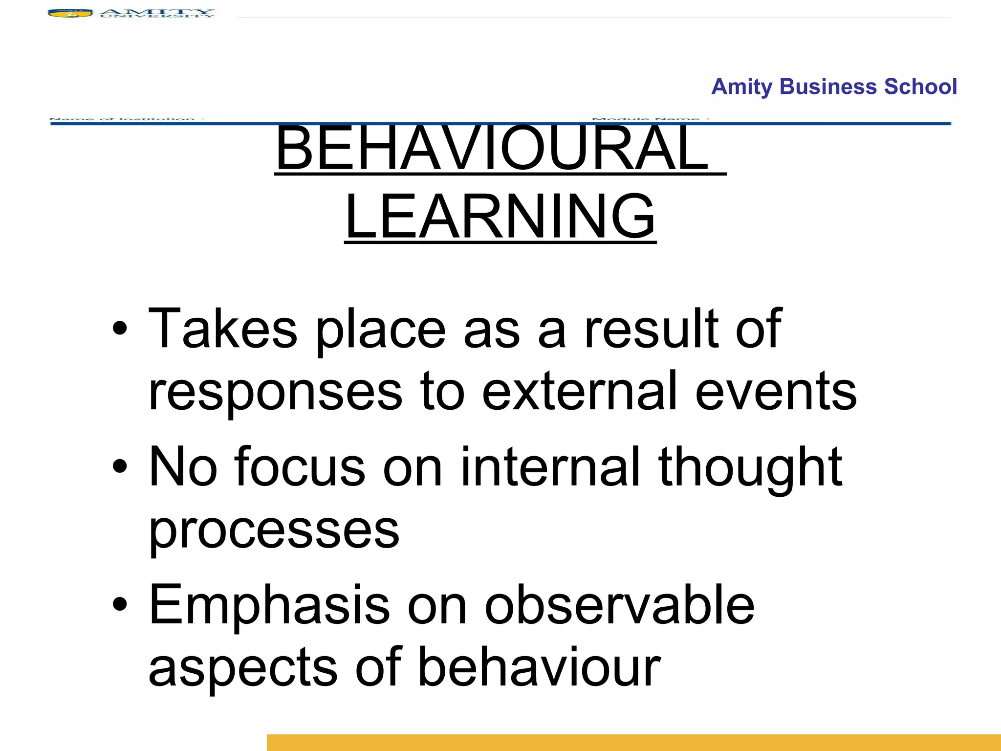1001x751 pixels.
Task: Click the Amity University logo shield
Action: [x=70, y=14]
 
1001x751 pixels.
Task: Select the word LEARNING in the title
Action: [x=500, y=217]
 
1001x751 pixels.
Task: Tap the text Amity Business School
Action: [x=834, y=87]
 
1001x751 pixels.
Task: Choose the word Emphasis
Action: [x=269, y=606]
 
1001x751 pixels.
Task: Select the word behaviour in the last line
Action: [x=539, y=667]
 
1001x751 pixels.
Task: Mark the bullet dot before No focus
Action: [x=119, y=467]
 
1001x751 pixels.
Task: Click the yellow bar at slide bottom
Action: [x=633, y=742]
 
